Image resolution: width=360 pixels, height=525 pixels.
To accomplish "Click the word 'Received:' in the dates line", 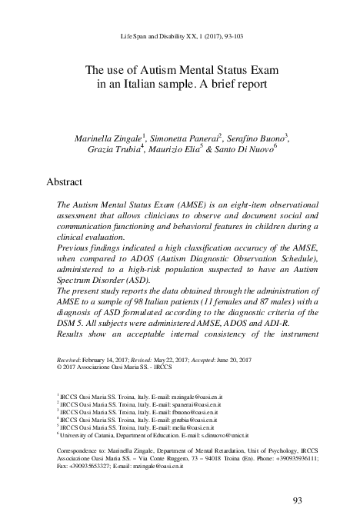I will tap(72, 360).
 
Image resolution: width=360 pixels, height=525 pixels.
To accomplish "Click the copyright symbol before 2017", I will tap(61, 367).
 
